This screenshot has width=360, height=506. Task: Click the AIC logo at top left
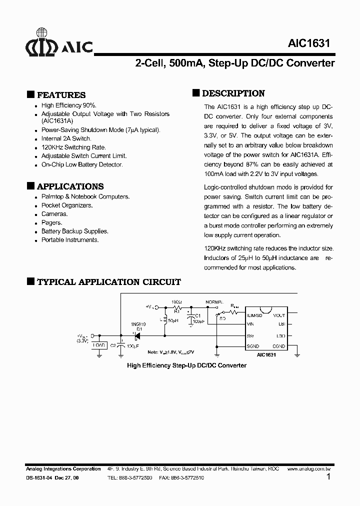coord(59,46)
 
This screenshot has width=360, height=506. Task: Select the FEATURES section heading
coord(61,95)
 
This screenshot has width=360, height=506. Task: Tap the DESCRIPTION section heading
coord(233,93)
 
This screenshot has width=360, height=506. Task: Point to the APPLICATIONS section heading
coord(70,186)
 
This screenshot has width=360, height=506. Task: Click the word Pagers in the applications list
coord(51,222)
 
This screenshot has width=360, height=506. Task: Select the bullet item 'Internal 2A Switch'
coord(66,138)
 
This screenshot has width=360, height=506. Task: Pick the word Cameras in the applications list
coord(54,214)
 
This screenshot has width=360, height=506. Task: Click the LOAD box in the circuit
coord(99,345)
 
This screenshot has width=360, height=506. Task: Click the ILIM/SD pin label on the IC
coord(255,315)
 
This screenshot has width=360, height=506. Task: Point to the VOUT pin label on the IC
coord(279,315)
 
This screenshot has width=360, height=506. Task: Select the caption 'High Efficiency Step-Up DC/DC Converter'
coord(186,365)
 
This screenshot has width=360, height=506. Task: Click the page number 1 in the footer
coord(328,477)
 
